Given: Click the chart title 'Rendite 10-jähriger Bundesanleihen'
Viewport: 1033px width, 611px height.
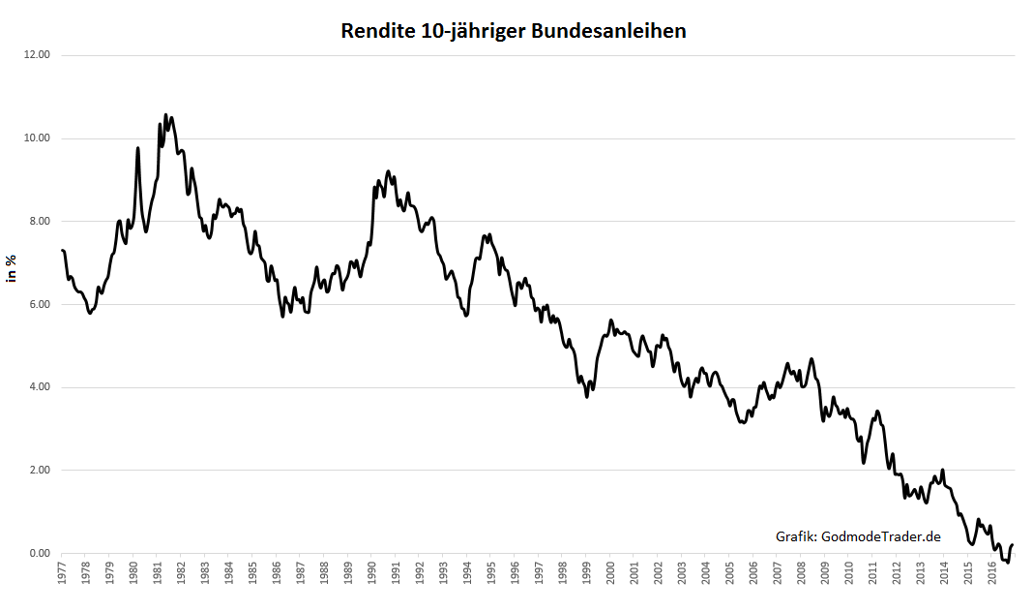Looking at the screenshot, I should [514, 31].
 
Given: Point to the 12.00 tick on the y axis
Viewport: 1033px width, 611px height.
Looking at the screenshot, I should [37, 55].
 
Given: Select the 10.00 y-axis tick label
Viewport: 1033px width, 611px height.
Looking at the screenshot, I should [37, 138].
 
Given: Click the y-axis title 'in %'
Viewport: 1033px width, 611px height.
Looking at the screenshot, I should [13, 269].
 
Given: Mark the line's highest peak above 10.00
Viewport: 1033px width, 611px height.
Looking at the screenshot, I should [165, 114].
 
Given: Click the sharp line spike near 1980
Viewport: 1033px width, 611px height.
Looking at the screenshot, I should [138, 148].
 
